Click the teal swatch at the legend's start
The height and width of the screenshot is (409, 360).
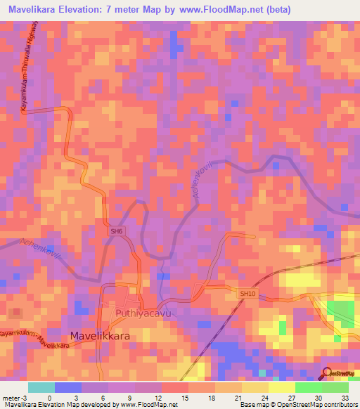(x=41, y=388)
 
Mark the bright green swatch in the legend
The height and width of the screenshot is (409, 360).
(x=309, y=388)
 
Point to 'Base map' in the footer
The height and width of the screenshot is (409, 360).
(x=250, y=405)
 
